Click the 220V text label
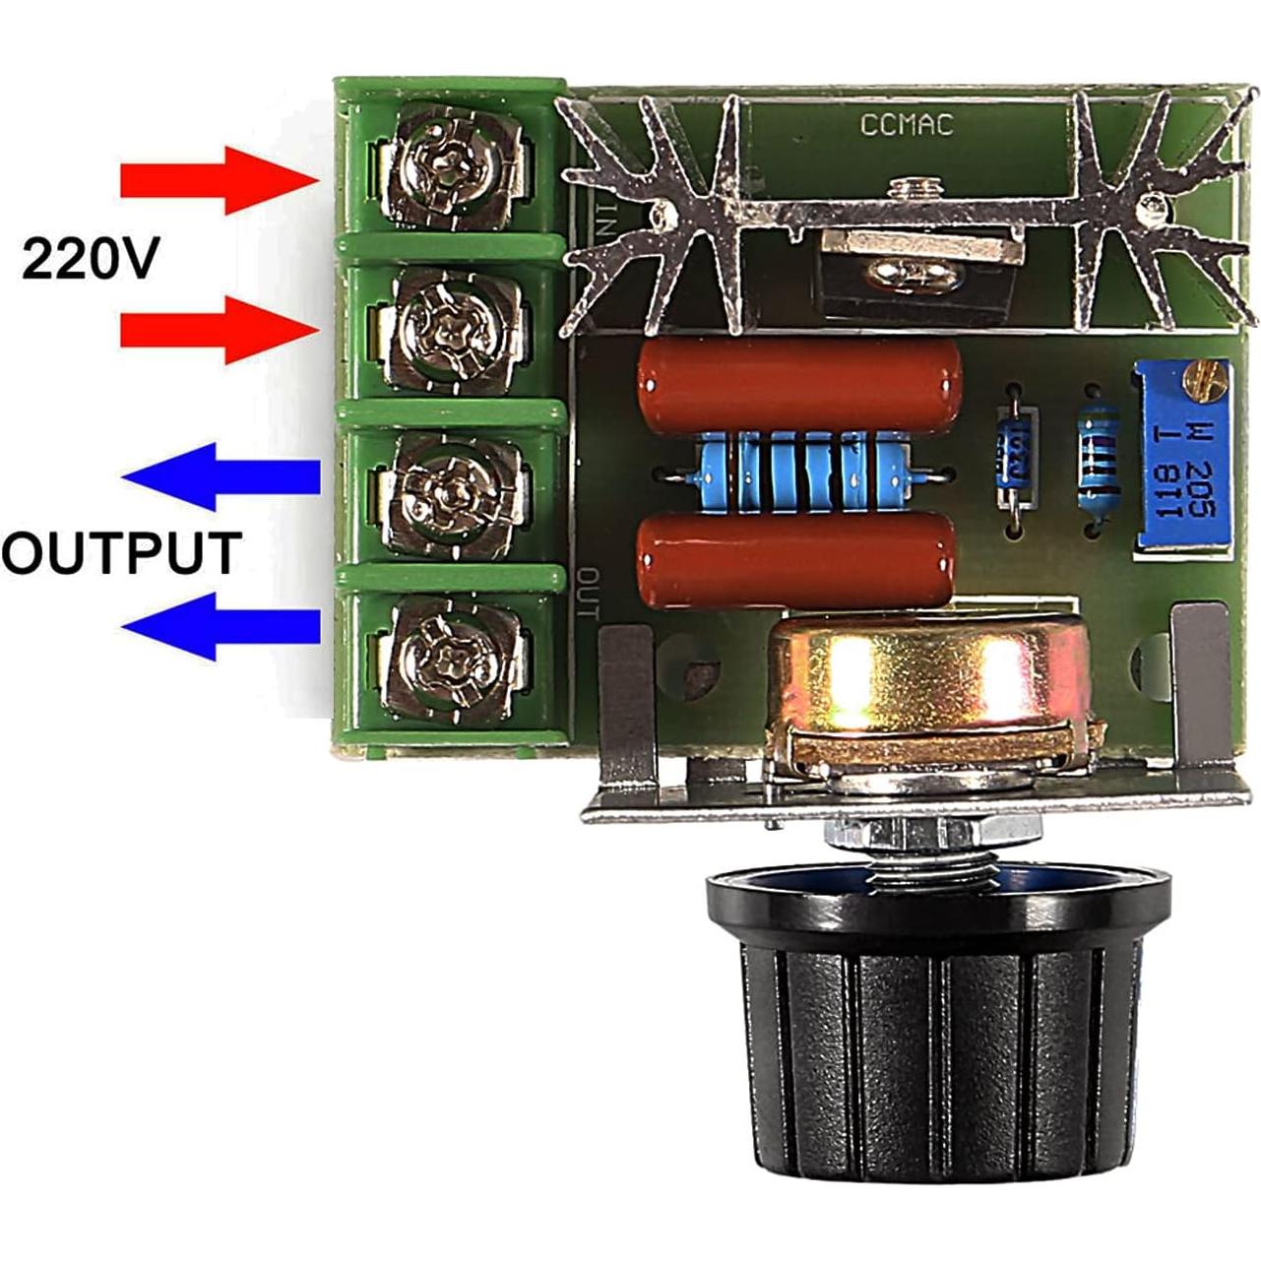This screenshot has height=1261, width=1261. tap(90, 259)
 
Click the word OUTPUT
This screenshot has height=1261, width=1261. tap(120, 552)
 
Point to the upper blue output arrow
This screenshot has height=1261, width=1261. tap(221, 477)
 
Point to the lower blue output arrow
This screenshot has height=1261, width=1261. tap(221, 626)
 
